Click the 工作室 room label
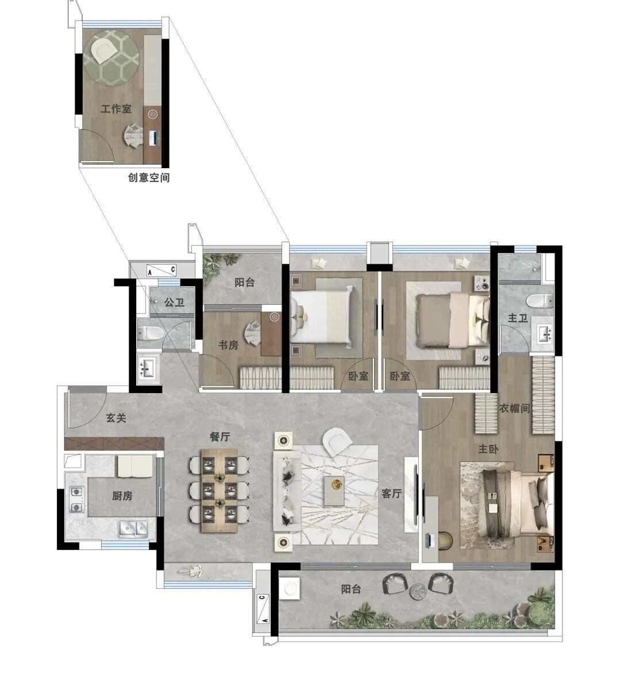116,108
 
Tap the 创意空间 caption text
149,177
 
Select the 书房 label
228,346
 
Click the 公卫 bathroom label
175,302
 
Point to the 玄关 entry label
116,418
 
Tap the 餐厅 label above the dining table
219,436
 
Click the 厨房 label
122,495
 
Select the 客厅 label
391,493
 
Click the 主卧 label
488,449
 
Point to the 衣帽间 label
514,408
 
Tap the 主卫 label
518,318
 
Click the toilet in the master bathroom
540,301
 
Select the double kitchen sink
133,529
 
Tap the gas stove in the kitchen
76,499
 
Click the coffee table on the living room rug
334,491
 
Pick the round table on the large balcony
418,591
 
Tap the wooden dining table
219,491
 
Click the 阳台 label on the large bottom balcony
351,589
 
